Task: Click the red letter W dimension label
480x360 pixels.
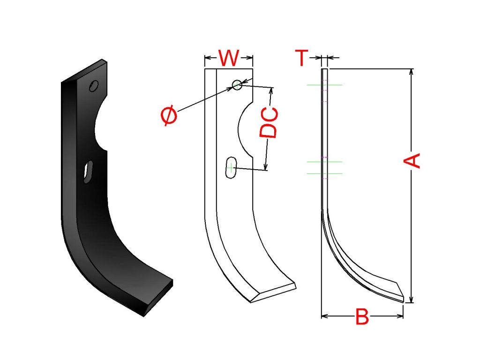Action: [228, 58]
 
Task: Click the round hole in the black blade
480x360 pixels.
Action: [94, 86]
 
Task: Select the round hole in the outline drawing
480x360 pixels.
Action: [237, 85]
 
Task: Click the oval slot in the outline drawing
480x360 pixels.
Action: [231, 168]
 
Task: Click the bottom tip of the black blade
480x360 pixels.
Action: [143, 316]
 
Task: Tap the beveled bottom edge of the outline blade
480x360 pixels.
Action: [273, 293]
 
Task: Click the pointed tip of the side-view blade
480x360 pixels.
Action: [403, 301]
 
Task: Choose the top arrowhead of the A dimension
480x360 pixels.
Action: [412, 72]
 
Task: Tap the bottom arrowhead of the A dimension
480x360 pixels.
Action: [412, 299]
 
